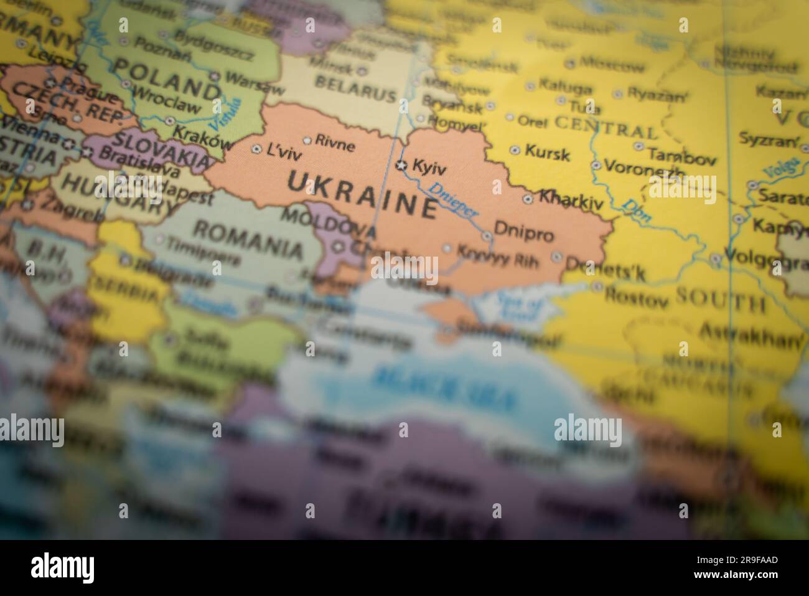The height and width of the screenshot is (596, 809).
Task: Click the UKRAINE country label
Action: (x=362, y=193)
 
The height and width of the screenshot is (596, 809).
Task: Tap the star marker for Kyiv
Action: (x=402, y=165)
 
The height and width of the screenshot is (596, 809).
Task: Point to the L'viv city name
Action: (x=283, y=149)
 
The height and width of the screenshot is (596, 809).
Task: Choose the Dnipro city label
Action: (x=523, y=235)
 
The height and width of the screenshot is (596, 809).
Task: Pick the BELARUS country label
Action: (x=355, y=89)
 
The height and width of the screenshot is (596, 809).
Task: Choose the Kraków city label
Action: (x=201, y=138)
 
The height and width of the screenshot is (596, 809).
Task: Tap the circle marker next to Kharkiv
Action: (x=528, y=199)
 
